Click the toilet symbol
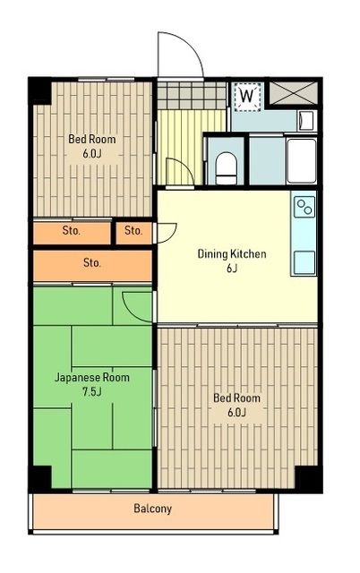[x=226, y=165]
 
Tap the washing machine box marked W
[x=246, y=94]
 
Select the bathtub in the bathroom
[x=300, y=160]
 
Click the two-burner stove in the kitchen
[x=304, y=208]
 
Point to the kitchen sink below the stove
[x=304, y=260]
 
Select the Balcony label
[x=152, y=509]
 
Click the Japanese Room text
[x=92, y=378]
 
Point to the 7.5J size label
[x=91, y=392]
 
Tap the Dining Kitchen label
[x=232, y=254]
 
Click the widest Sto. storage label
[x=91, y=263]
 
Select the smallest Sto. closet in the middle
[x=133, y=231]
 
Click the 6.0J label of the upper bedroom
[x=91, y=153]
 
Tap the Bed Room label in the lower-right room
[x=236, y=398]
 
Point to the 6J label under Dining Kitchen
[x=232, y=269]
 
